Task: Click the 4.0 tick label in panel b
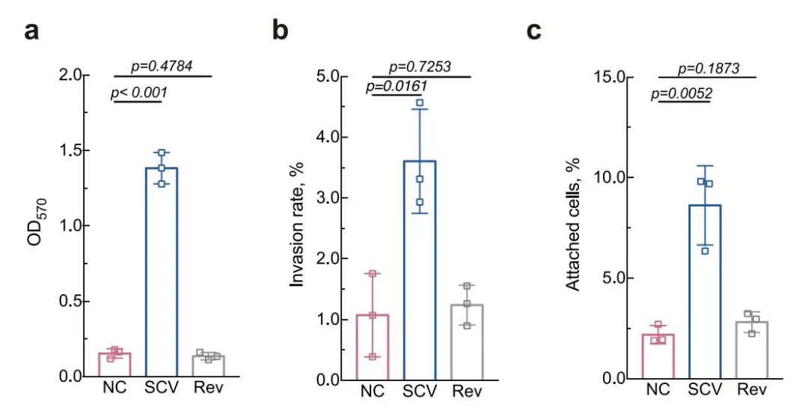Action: tap(330, 137)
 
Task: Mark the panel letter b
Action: tap(280, 31)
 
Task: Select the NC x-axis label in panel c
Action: tap(658, 390)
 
